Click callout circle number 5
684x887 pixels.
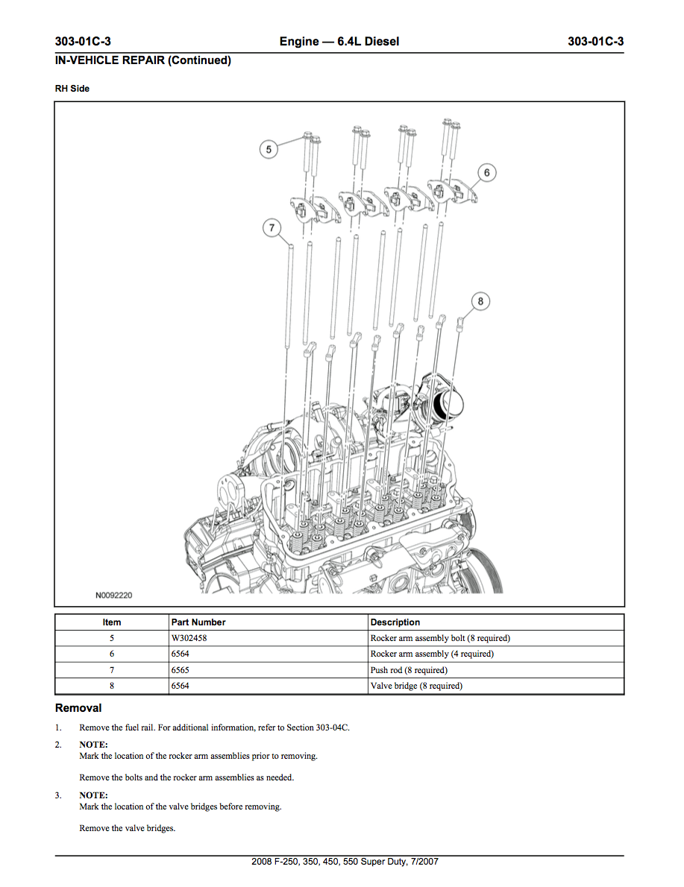pyautogui.click(x=269, y=150)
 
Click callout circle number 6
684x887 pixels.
pyautogui.click(x=486, y=173)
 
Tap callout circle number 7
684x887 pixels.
pyautogui.click(x=272, y=229)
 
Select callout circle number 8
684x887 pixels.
pyautogui.click(x=480, y=301)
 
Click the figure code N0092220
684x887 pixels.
pyautogui.click(x=113, y=596)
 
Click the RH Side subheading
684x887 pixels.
pyautogui.click(x=72, y=89)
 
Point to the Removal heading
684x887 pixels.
pyautogui.click(x=78, y=708)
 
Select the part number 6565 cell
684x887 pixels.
pyautogui.click(x=180, y=670)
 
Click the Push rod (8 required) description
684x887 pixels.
pyautogui.click(x=409, y=670)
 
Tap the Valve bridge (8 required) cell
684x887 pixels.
pyautogui.click(x=416, y=686)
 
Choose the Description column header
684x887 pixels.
pyautogui.click(x=395, y=622)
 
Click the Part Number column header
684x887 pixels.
pyautogui.click(x=198, y=622)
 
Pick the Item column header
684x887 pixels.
pyautogui.click(x=112, y=622)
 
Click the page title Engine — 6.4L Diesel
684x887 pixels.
pyautogui.click(x=339, y=42)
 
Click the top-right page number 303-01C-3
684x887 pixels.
pyautogui.click(x=595, y=42)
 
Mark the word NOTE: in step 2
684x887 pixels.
pyautogui.click(x=93, y=745)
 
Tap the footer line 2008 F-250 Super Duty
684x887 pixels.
pyautogui.click(x=345, y=862)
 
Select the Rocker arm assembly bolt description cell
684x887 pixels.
pyautogui.click(x=440, y=638)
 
